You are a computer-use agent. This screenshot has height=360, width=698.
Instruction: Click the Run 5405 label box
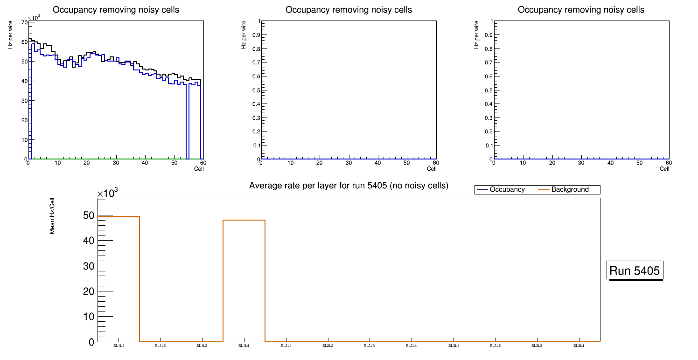(x=635, y=270)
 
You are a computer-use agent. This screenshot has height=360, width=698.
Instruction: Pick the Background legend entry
(x=570, y=190)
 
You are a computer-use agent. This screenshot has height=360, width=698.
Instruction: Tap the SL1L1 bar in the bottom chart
(x=119, y=280)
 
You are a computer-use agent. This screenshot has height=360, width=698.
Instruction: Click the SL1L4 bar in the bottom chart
(x=244, y=280)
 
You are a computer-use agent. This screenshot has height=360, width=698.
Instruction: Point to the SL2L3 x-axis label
(x=370, y=346)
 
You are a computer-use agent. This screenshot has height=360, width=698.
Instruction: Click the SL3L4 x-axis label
(x=579, y=346)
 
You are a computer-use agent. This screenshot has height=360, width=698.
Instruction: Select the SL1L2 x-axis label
(x=161, y=346)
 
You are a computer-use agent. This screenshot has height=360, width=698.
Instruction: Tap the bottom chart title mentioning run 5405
(x=349, y=186)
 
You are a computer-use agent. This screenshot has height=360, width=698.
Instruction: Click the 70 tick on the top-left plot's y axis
(x=24, y=22)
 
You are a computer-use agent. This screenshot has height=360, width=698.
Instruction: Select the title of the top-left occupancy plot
(x=116, y=10)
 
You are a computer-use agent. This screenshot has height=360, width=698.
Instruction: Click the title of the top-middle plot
(x=349, y=10)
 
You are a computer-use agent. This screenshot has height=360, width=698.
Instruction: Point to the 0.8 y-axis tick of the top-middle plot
(x=255, y=49)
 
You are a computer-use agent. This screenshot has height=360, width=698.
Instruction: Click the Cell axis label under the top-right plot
(x=664, y=169)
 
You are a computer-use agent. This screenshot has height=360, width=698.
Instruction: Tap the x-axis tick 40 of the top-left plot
(x=145, y=163)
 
